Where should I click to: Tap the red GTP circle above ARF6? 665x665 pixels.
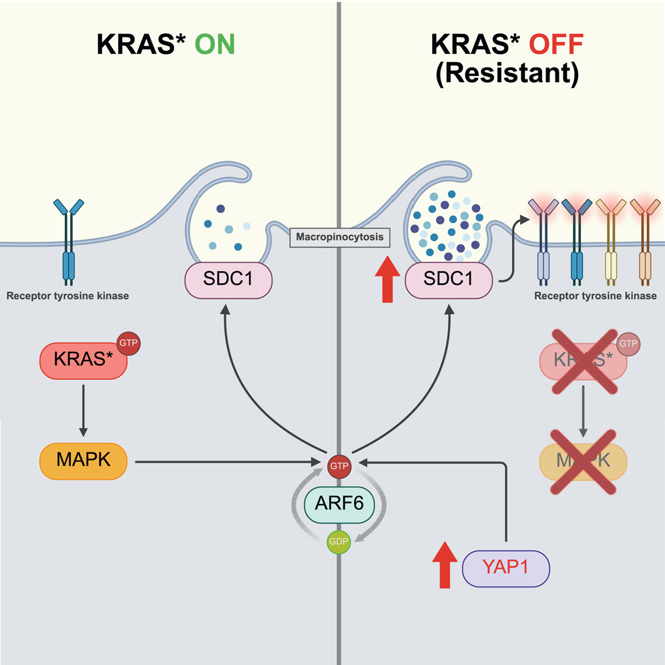339,462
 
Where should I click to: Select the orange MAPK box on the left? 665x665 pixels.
84,461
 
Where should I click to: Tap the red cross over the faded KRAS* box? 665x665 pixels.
584,361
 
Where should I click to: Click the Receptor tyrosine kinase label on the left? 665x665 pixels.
67,295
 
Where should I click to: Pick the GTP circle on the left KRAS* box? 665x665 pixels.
128,345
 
